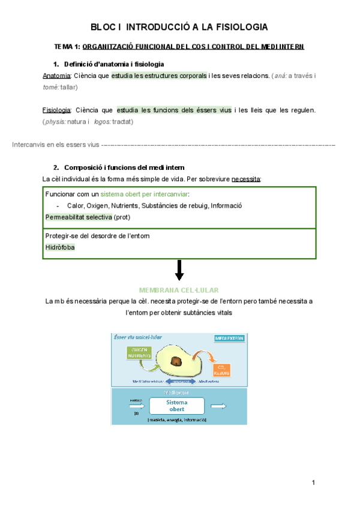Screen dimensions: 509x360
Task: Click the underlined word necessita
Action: coord(245,179)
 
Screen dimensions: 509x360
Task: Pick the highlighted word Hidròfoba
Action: coord(61,247)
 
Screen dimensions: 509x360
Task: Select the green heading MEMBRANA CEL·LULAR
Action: coord(179,289)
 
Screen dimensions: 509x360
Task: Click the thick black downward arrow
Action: coord(179,271)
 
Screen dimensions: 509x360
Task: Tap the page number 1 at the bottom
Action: coord(313,483)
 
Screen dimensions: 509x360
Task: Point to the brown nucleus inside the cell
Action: coord(178,361)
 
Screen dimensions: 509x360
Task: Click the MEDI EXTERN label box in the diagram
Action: coord(229,339)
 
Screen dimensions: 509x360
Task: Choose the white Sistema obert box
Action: coord(177,406)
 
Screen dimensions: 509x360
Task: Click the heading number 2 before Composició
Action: coord(56,167)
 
